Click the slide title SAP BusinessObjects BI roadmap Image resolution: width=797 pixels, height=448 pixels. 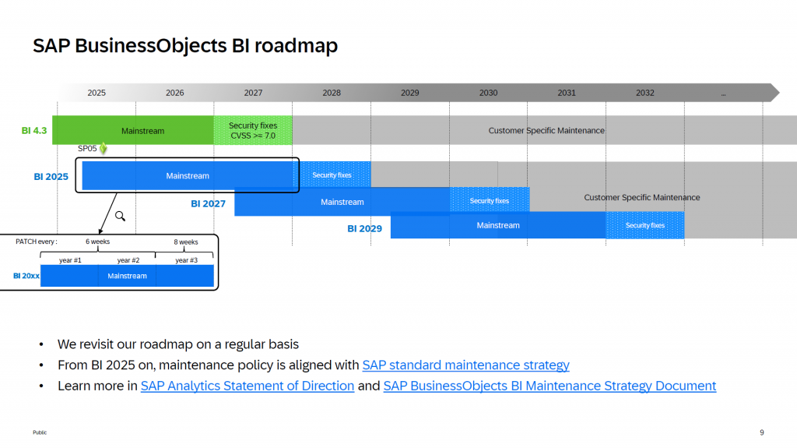pos(185,46)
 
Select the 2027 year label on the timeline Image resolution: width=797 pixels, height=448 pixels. pos(253,93)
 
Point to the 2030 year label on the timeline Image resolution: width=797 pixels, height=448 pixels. pos(488,93)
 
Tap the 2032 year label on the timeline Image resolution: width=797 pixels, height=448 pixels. pos(644,93)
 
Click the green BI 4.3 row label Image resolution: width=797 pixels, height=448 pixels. pos(34,131)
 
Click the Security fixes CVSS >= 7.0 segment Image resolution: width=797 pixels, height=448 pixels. pos(253,130)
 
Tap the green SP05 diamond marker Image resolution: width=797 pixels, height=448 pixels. pos(103,148)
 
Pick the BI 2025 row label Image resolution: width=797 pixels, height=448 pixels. pos(51,177)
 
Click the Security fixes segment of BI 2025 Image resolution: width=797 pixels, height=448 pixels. pos(332,175)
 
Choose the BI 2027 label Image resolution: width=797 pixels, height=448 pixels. pos(208,204)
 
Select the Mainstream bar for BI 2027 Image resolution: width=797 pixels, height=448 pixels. pos(342,202)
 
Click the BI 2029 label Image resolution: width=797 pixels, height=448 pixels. pos(364,229)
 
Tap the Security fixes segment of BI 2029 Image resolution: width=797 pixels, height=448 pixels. pos(644,225)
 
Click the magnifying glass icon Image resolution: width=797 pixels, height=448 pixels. pos(120,216)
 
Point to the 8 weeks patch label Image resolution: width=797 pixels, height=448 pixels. pos(186,242)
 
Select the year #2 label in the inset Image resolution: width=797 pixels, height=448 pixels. pos(128,260)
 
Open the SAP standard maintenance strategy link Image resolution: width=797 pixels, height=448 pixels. pos(465,365)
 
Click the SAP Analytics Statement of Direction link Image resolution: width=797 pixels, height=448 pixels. pos(248,386)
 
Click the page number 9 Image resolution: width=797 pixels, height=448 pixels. pos(761,432)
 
